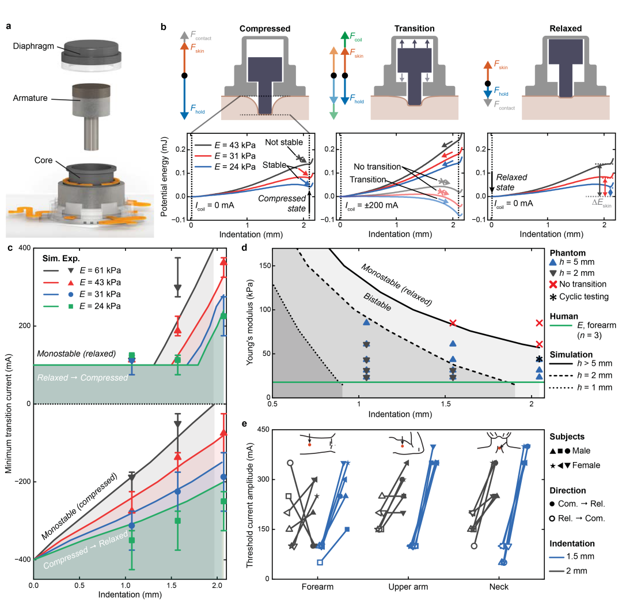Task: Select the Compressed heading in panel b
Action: coord(264,28)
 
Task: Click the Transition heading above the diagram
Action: coord(414,28)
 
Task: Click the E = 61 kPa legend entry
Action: coord(103,270)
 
